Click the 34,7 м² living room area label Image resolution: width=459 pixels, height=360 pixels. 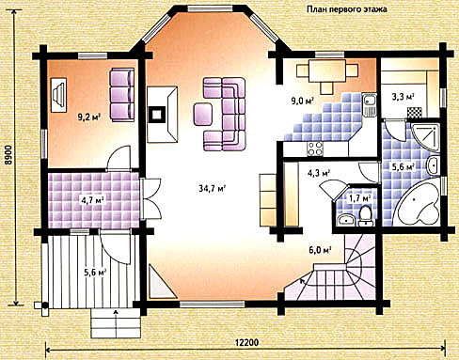(213, 188)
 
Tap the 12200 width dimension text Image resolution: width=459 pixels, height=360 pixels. (247, 343)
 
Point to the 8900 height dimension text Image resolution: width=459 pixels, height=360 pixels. (9, 154)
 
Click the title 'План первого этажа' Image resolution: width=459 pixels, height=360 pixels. (346, 9)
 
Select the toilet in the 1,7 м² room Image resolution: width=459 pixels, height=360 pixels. (366, 215)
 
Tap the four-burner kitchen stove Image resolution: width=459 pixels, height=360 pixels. (315, 149)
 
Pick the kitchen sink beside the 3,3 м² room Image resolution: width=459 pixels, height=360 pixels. (369, 104)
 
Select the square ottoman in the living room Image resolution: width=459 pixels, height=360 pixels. (203, 115)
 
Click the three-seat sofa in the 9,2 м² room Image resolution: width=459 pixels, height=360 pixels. (121, 95)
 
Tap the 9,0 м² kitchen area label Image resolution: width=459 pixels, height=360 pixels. (303, 102)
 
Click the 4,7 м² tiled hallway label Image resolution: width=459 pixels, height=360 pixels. (93, 200)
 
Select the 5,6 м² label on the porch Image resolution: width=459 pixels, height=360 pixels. (95, 273)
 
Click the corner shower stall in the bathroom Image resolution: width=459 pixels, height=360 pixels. (425, 138)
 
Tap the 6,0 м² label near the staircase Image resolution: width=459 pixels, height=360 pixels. (321, 251)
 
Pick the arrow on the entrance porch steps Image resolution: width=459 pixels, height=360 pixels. (117, 323)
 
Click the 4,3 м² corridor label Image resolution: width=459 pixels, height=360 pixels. (319, 173)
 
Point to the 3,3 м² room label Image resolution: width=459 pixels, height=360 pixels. (403, 96)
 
